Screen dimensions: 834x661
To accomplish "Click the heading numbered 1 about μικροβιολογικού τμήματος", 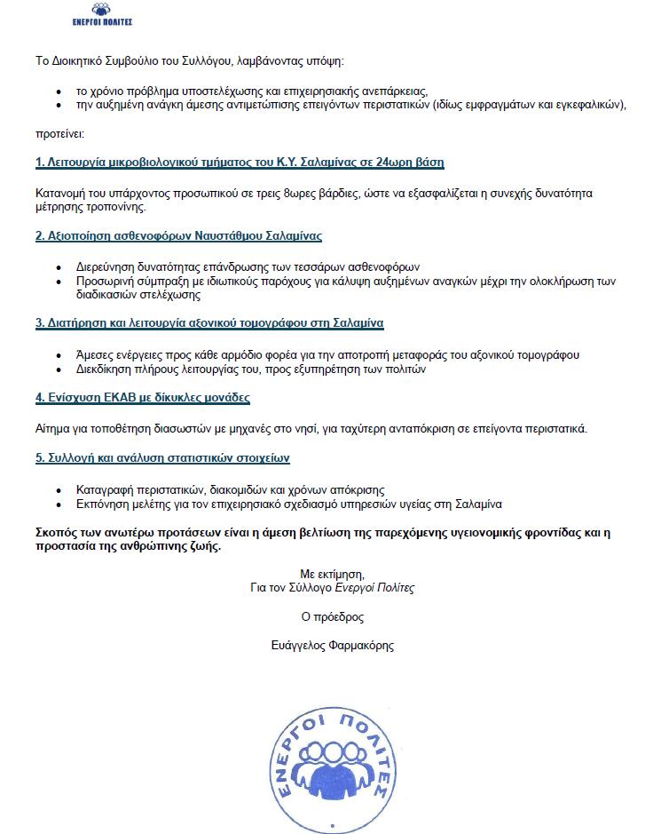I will point(240,163).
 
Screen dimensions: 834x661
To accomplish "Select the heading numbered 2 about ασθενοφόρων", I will point(178,236).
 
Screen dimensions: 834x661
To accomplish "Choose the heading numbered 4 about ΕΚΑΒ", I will point(142,397).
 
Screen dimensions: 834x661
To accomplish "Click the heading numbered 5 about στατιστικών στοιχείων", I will point(162,458).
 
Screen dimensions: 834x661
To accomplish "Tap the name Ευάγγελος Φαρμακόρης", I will point(333,646).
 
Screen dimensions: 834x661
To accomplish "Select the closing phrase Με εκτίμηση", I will point(333,573).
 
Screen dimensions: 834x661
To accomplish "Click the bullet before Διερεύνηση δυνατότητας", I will point(59,266).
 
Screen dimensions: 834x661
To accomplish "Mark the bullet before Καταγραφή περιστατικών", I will point(59,490).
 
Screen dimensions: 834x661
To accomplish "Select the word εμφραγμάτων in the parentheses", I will point(513,105).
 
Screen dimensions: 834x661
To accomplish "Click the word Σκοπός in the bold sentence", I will point(55,533).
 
